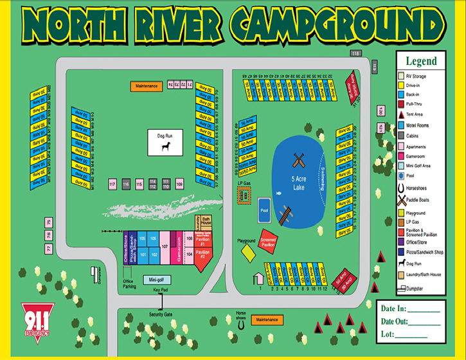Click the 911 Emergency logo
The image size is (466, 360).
pos(38,316)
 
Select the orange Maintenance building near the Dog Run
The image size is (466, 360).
pos(147,85)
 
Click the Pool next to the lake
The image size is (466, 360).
pos(264,210)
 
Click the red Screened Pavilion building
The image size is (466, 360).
pos(268,239)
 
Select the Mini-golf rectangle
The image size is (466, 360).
pos(156,280)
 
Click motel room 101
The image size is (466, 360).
pos(143,254)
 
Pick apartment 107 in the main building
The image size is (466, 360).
pos(165,246)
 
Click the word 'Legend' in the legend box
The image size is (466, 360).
pos(421,62)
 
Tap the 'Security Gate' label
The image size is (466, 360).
pos(161,315)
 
